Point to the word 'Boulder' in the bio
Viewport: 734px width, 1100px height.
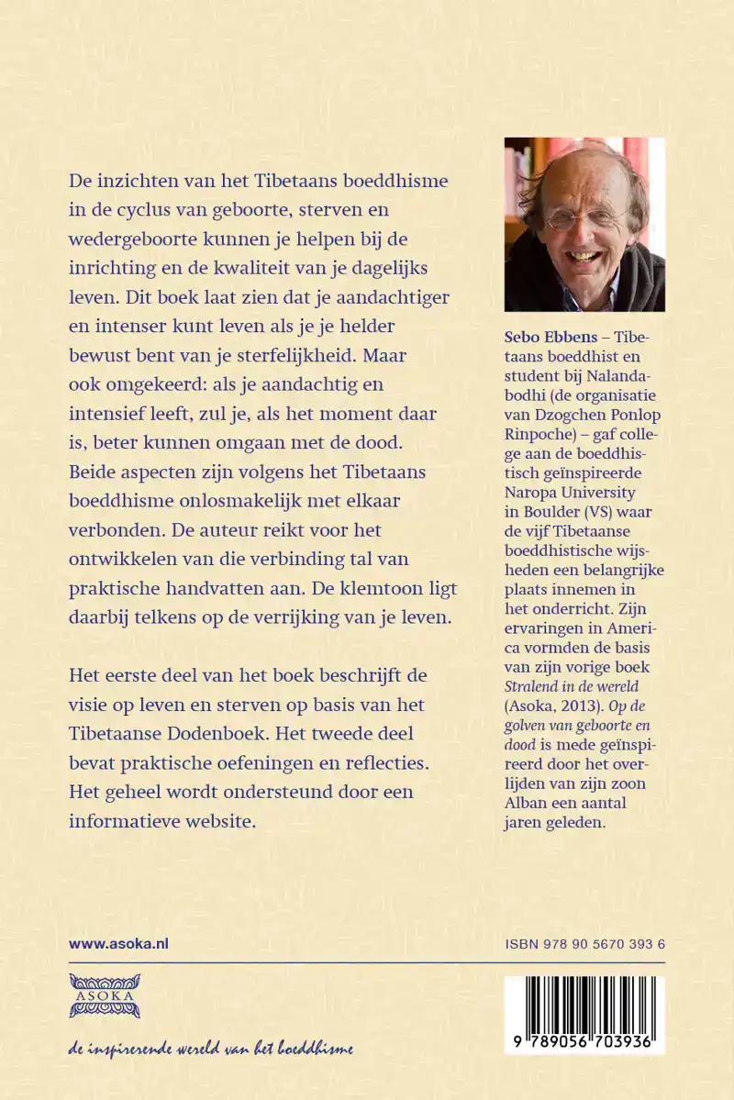pos(557,511)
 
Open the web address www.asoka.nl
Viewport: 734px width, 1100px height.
pos(118,943)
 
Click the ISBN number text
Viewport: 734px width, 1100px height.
pos(584,943)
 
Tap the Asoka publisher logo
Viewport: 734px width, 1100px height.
pos(105,994)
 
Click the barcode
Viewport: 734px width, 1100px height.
pos(584,1014)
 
